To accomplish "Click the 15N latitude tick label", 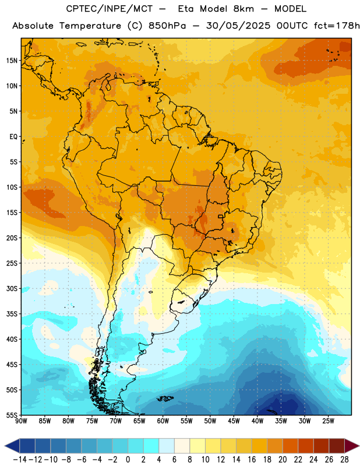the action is tap(12, 61).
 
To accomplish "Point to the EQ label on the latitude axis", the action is tap(13, 137).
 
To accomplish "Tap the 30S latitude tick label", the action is tap(12, 288).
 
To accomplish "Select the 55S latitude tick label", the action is tap(12, 415).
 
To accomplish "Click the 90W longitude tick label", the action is tap(22, 421).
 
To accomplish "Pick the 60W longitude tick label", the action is tap(163, 421).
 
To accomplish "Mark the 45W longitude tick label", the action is tap(234, 421).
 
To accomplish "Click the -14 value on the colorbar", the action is tap(20, 460).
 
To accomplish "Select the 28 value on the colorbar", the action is tap(344, 460).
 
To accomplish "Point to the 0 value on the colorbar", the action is tap(128, 460).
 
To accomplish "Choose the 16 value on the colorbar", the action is tap(252, 460).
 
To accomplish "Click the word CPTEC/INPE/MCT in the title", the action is tap(109, 9).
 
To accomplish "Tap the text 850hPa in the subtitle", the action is tap(167, 26).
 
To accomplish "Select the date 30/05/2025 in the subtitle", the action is tap(238, 26).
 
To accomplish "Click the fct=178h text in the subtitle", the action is tap(337, 26).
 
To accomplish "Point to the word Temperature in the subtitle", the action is tap(90, 26).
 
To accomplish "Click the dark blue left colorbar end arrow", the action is tap(12, 446).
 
